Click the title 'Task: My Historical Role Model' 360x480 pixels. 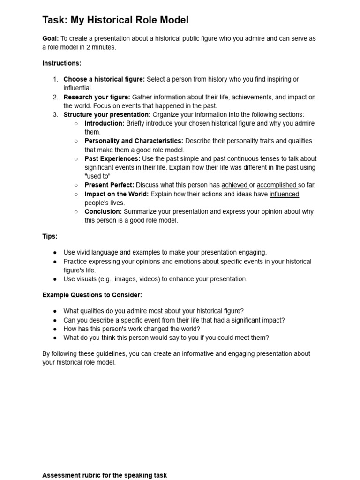[115, 20]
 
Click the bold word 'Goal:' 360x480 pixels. [50, 38]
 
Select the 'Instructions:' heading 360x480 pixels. [62, 63]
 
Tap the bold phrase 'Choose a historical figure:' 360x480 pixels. [104, 79]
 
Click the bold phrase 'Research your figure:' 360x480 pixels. [97, 97]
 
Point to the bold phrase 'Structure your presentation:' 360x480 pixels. [107, 114]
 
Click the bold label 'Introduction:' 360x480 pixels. [105, 123]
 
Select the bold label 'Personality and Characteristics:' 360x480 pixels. [134, 141]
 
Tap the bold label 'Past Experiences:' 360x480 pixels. [112, 158]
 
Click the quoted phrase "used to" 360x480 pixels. [97, 176]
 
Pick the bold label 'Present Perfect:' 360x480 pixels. [109, 185]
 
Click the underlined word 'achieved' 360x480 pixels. [234, 185]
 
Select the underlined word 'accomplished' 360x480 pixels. [277, 185]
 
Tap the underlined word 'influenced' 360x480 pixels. [284, 194]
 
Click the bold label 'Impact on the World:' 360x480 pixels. [116, 194]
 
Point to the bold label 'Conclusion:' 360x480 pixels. [103, 211]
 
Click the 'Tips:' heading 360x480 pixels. [50, 236]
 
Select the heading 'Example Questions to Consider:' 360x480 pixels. [92, 295]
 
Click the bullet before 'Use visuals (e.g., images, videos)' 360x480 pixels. [55, 279]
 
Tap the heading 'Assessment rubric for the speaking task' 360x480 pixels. [105, 475]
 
